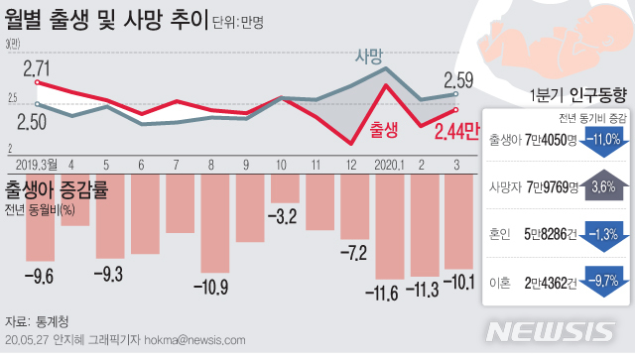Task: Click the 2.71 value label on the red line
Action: coord(37,68)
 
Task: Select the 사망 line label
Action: coord(369,57)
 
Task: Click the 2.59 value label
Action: coord(457,80)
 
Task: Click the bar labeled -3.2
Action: coord(285,187)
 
